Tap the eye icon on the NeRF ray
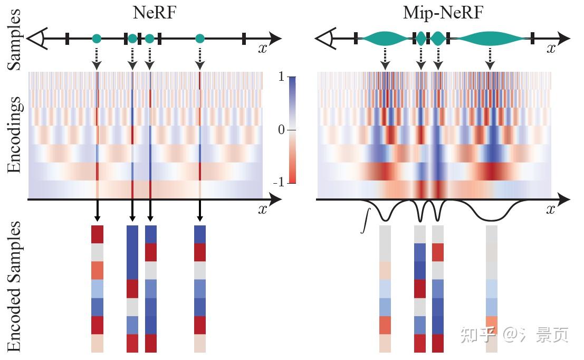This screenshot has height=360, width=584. (x=37, y=38)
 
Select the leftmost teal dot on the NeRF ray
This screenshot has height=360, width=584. (x=97, y=38)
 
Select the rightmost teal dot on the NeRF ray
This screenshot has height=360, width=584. (x=199, y=38)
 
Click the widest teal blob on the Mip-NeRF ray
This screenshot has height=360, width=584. (x=491, y=38)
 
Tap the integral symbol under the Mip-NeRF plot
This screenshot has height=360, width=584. (x=363, y=220)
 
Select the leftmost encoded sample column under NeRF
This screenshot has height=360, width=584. (x=98, y=289)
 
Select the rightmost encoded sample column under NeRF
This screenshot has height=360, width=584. (x=199, y=289)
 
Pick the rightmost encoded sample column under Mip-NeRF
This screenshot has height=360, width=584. (x=491, y=289)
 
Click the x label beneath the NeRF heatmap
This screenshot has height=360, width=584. (x=263, y=210)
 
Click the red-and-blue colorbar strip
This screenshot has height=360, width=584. (x=293, y=130)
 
